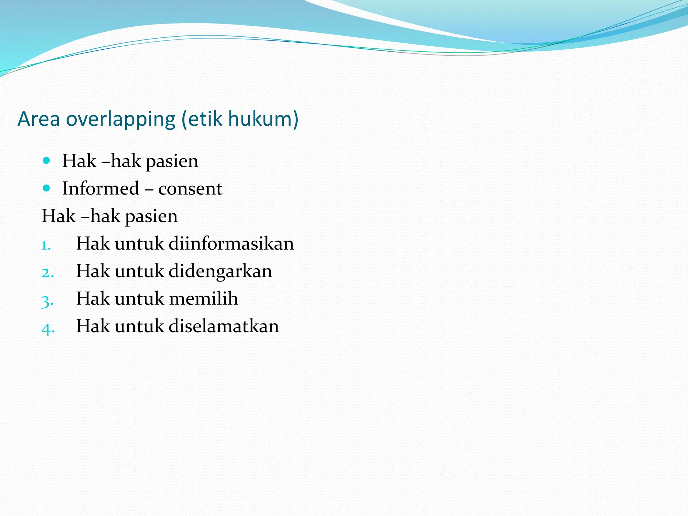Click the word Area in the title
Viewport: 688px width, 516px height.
(x=39, y=119)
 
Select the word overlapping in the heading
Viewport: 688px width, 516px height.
(x=121, y=120)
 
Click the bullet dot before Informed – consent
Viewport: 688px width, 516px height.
(x=47, y=188)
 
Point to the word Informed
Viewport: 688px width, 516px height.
(x=100, y=188)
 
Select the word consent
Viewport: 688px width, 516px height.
(x=190, y=189)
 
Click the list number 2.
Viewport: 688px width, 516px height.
(x=47, y=273)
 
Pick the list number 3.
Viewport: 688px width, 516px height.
(x=47, y=301)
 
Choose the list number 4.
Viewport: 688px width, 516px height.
(x=48, y=328)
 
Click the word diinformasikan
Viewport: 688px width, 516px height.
(x=231, y=243)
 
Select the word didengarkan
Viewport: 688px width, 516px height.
(x=220, y=271)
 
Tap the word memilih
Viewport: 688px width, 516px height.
(x=204, y=298)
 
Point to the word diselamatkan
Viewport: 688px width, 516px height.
(x=224, y=326)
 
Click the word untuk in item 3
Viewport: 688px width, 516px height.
(x=139, y=298)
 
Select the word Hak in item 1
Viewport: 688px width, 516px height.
(x=93, y=243)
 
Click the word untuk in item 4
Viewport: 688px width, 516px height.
(x=139, y=326)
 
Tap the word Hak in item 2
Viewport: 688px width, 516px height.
(x=93, y=271)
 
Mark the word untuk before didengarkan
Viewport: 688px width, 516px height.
(x=139, y=271)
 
